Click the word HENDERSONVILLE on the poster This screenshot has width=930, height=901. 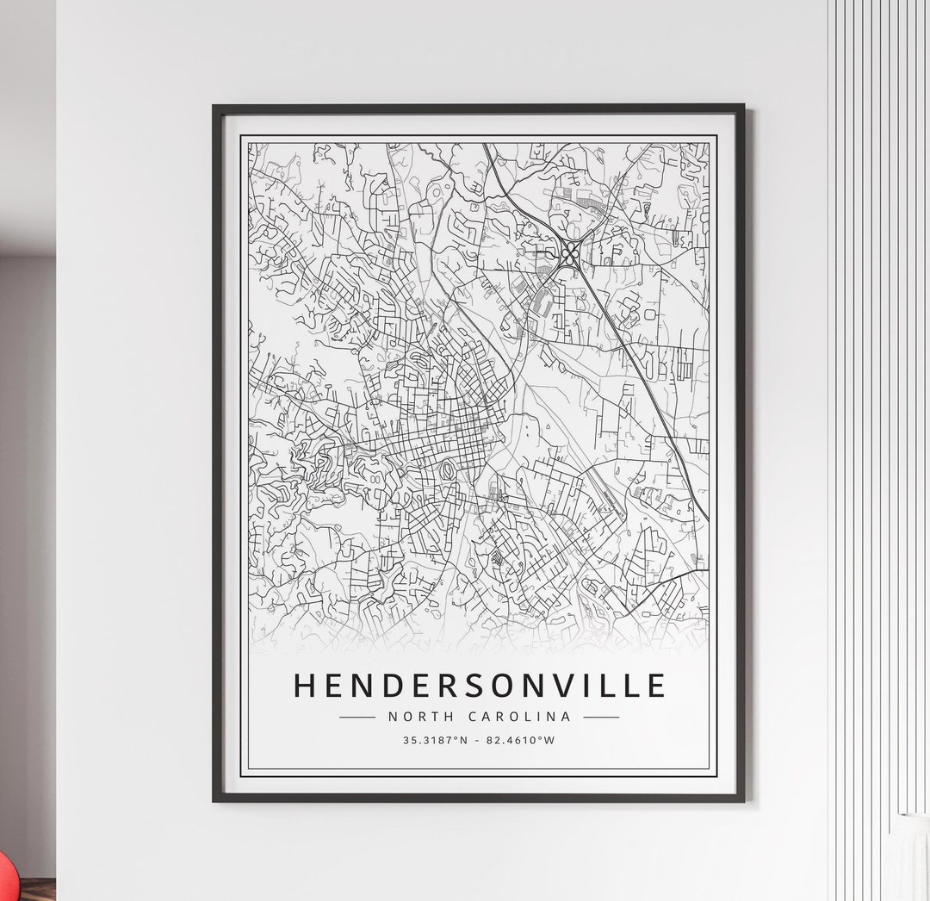point(480,686)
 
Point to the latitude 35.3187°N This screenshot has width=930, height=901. point(436,740)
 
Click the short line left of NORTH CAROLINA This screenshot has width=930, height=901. point(357,717)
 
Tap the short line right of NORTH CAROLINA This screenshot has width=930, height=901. point(601,717)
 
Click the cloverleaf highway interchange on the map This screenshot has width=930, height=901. point(570,253)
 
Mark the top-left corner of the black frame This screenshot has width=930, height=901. point(214,107)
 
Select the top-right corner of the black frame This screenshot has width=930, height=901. point(743,107)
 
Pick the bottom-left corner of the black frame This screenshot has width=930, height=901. point(214,800)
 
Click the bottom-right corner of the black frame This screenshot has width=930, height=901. point(743,800)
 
